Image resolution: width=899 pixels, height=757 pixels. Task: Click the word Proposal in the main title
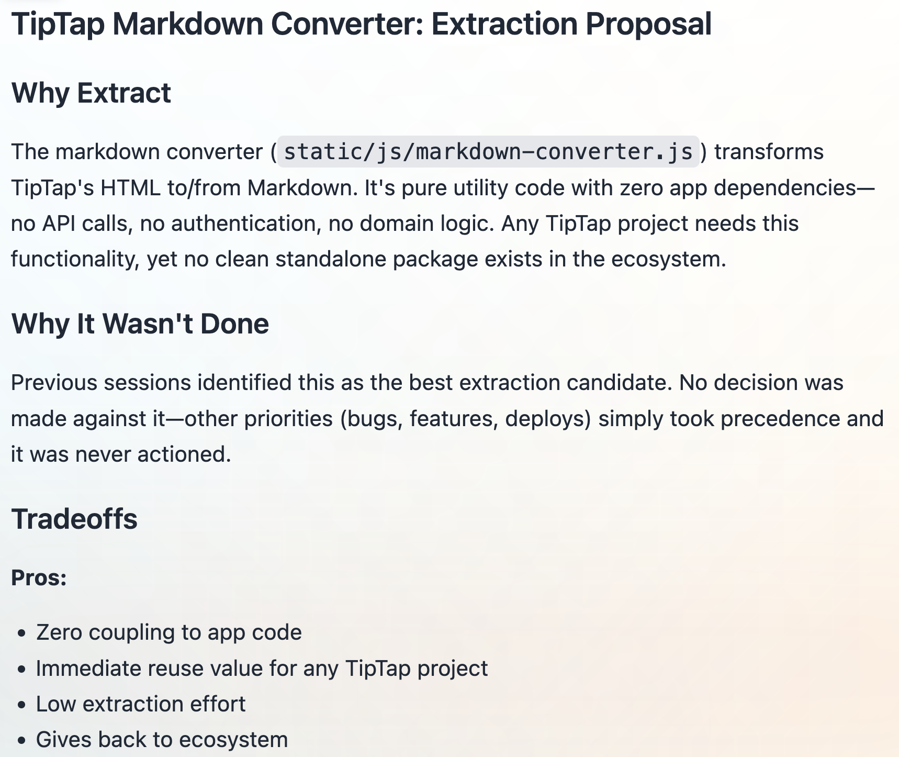click(648, 25)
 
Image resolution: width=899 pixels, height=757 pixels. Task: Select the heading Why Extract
click(91, 93)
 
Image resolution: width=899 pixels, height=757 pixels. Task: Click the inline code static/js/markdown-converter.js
click(488, 152)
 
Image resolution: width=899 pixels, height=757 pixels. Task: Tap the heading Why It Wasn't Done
click(140, 324)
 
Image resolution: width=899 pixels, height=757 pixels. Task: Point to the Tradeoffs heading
click(74, 519)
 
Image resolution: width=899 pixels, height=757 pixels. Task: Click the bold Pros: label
click(39, 577)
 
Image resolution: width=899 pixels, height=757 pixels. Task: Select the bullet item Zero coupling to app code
click(169, 632)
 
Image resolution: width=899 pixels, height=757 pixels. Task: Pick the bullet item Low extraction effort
click(141, 704)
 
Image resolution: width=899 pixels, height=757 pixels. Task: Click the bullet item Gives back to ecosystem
click(162, 740)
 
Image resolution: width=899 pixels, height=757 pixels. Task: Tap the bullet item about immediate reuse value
click(262, 669)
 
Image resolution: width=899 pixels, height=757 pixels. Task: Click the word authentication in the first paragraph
click(245, 224)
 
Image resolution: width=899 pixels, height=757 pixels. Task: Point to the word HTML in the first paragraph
click(131, 188)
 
